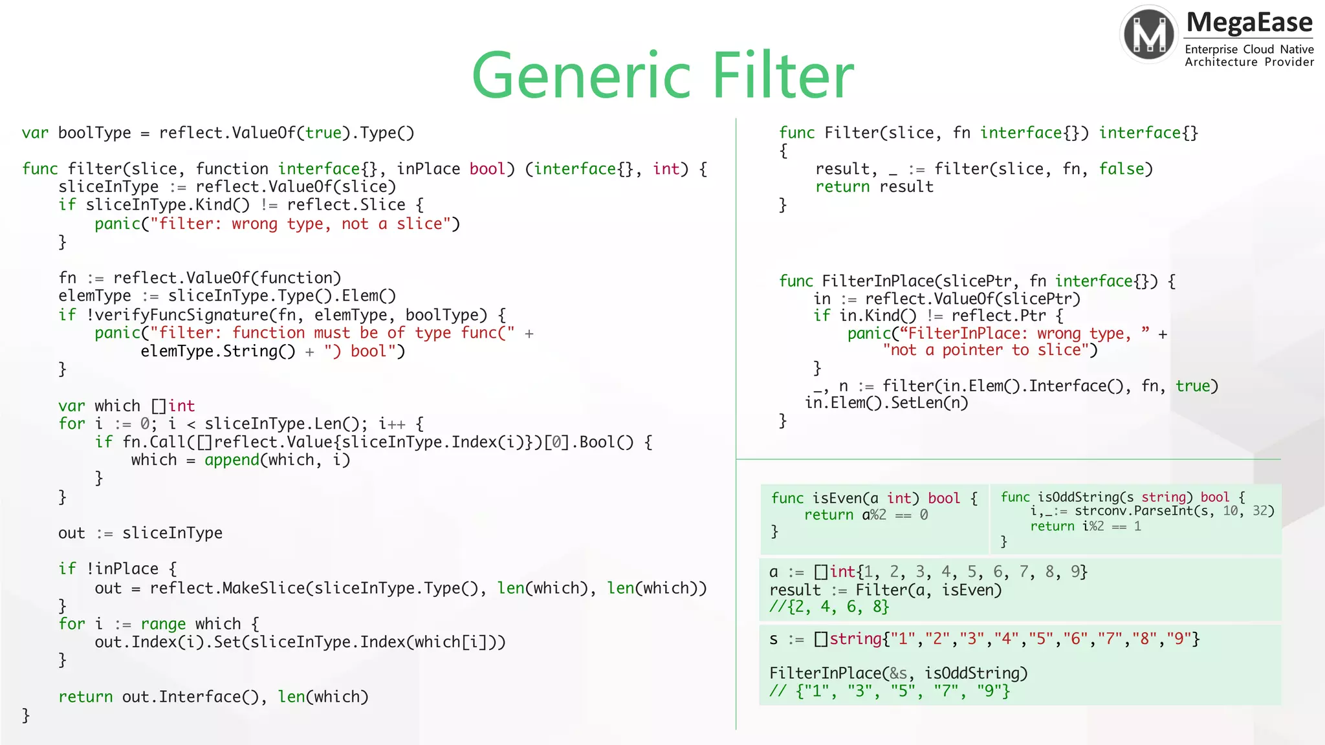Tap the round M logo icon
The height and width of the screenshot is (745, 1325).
1149,34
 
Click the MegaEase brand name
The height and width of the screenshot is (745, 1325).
1249,23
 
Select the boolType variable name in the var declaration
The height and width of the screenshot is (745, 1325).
94,133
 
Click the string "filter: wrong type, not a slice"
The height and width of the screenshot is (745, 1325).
300,224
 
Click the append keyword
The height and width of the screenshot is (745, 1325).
232,460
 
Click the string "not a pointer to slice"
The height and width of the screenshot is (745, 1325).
985,351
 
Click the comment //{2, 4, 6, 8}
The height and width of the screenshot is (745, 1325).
829,607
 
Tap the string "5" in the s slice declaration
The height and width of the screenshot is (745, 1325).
1040,639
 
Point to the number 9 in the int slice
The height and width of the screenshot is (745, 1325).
1075,572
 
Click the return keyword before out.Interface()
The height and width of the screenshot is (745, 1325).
85,696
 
